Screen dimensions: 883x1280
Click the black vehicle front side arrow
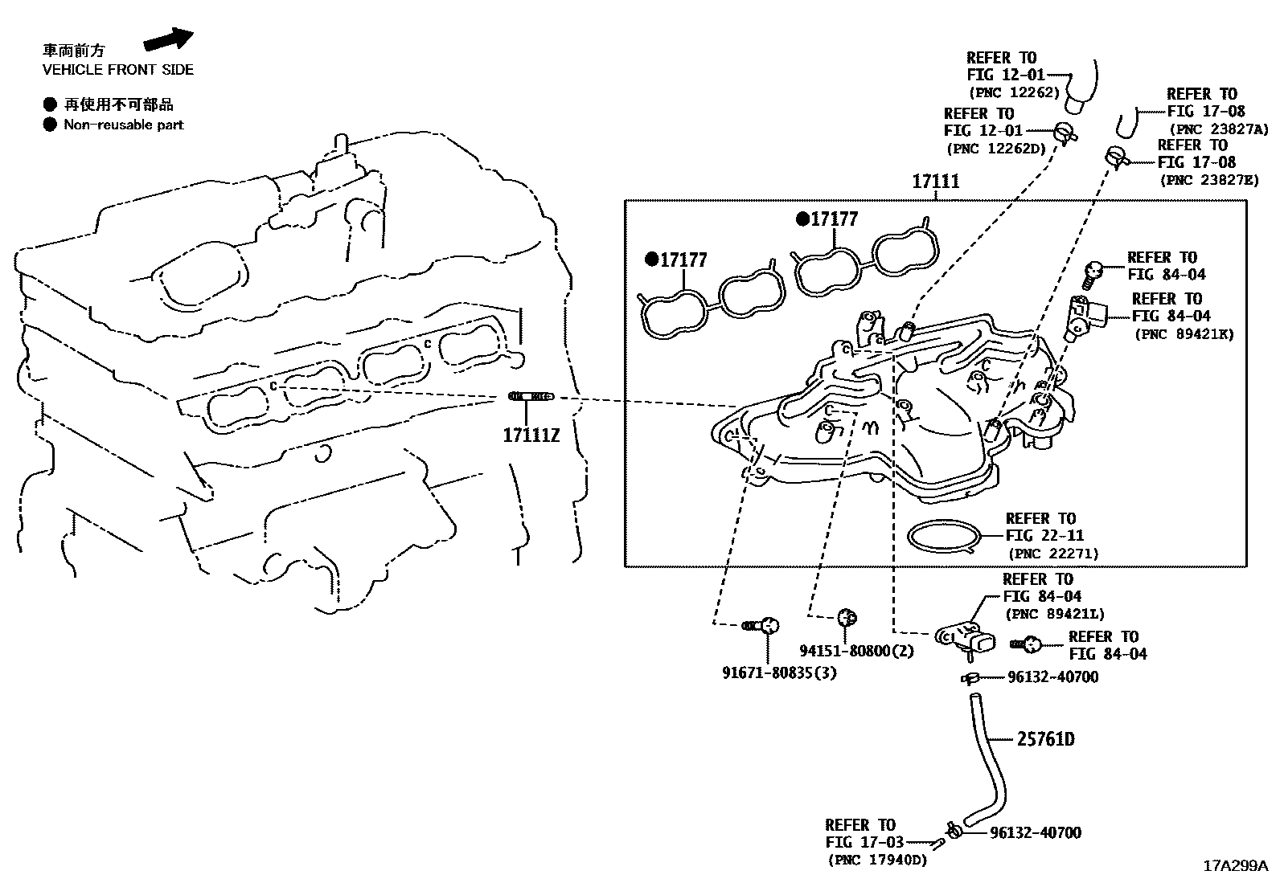(169, 40)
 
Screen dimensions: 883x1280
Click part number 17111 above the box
(935, 182)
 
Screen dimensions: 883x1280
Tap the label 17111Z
(531, 435)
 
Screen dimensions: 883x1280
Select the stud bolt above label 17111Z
(531, 396)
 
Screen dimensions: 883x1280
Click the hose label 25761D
(1045, 738)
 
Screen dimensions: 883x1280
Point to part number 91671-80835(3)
(779, 672)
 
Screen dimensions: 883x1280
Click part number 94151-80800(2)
(856, 651)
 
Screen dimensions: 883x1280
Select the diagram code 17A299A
(1235, 866)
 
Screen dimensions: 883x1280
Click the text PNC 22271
(1052, 554)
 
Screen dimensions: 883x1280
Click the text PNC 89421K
(1184, 334)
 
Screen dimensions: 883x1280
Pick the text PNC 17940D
(876, 861)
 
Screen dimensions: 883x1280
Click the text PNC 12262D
(996, 148)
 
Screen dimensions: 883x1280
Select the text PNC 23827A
(1218, 129)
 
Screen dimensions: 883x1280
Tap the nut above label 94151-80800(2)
(846, 617)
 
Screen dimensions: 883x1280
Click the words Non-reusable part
(124, 125)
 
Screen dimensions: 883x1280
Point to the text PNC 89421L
(1054, 615)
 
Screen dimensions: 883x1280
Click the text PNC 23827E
(1208, 180)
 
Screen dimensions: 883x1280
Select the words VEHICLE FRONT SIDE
(118, 70)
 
